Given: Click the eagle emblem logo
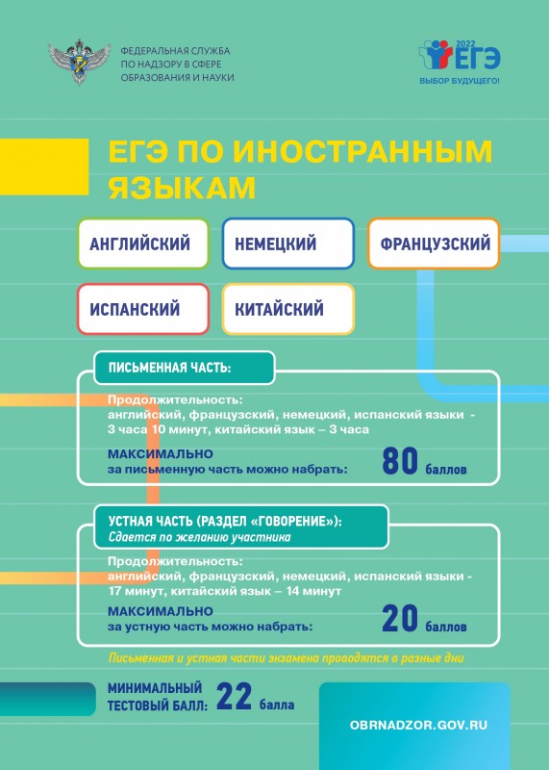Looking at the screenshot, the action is click(79, 62).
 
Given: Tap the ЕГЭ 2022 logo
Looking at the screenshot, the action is click(460, 56).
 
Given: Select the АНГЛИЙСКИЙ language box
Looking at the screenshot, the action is click(143, 244).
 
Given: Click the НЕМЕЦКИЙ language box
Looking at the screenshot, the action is click(288, 244).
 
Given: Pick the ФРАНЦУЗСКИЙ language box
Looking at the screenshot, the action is click(434, 244).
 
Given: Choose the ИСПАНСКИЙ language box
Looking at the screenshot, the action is click(143, 309).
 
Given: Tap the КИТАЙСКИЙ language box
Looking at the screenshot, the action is click(288, 309).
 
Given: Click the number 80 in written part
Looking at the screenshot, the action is click(400, 462).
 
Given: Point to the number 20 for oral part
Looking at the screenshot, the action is click(400, 619).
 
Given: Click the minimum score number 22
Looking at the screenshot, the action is click(234, 696).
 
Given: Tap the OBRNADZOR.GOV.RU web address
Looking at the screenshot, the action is click(418, 726).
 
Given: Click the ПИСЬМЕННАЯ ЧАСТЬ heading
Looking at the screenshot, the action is click(169, 368).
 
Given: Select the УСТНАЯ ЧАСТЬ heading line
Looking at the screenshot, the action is click(225, 521).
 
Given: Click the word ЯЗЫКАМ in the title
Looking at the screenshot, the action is click(182, 188).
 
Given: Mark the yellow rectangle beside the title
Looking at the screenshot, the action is click(44, 167).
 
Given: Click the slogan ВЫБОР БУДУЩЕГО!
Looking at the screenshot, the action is click(460, 81).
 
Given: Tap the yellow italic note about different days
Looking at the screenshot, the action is click(286, 658).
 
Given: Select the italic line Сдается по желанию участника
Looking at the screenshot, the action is click(200, 537).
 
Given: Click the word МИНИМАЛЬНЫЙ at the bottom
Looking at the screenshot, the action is click(155, 687).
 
